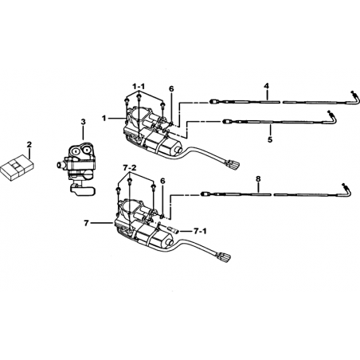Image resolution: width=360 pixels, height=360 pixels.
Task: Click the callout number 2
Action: point(29,145)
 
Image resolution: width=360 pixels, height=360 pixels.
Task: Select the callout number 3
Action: point(83,122)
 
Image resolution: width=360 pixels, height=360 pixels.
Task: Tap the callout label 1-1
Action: point(139,86)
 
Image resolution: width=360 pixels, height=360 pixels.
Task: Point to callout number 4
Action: point(267,86)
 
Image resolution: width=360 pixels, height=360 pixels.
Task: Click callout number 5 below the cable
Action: point(270,139)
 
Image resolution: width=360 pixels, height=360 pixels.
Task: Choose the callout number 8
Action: point(258,178)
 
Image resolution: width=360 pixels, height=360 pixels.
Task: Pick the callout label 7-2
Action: point(130,168)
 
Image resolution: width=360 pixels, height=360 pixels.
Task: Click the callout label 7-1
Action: point(200,232)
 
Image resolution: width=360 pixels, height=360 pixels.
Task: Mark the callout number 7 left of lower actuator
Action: point(86,224)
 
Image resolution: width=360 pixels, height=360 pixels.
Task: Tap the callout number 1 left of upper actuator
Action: point(104,118)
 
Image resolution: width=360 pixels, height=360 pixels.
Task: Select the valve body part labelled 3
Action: point(76,170)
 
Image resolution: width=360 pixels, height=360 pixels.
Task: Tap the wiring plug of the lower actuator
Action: point(225,257)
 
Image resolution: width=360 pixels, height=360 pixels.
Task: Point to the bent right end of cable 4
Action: point(355,98)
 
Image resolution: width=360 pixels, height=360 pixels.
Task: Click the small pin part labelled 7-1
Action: point(174,230)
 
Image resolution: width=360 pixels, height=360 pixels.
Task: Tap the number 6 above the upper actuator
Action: point(171,89)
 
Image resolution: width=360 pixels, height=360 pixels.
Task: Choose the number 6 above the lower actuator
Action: point(162,181)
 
